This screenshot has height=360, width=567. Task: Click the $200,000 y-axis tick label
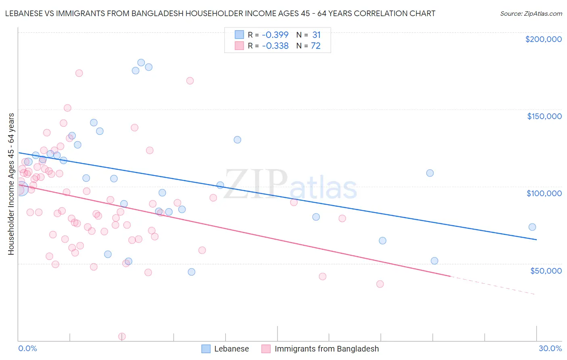pos(543,39)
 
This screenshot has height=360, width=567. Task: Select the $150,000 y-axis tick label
pos(544,116)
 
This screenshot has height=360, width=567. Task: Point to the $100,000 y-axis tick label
pos(544,193)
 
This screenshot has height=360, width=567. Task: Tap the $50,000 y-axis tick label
pos(546,270)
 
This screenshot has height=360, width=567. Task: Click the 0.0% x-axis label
pos(27,348)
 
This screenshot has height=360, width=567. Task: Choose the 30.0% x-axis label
pos(550,348)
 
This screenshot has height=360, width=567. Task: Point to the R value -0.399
pos(275,35)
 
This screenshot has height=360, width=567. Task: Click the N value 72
pos(315,46)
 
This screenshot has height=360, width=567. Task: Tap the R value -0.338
pos(275,46)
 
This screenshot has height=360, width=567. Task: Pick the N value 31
pos(316,35)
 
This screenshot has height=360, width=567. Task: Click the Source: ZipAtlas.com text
pos(531,14)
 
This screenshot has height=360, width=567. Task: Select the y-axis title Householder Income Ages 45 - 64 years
pos(11,184)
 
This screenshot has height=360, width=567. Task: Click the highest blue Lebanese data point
pos(141,63)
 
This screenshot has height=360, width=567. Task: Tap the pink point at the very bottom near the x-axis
pos(122,337)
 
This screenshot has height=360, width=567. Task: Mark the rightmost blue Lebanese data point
pos(532,227)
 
